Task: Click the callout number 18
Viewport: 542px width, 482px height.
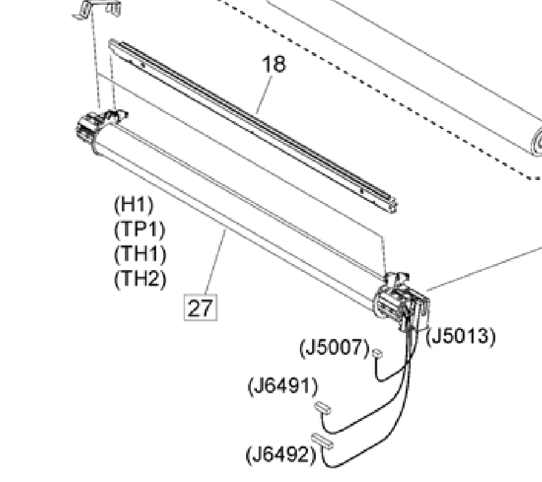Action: [274, 64]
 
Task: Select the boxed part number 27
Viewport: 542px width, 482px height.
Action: [200, 308]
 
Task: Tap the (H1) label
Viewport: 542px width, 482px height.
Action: [133, 205]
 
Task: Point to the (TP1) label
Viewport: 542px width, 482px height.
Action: [139, 229]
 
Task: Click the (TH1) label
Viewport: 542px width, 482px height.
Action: [140, 254]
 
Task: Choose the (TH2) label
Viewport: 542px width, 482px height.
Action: [140, 279]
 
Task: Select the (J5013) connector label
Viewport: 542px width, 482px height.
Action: [461, 337]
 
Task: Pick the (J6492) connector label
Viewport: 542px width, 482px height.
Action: [280, 454]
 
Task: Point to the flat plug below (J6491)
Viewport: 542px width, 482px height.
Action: [322, 408]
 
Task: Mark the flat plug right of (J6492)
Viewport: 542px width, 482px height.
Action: [322, 441]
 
